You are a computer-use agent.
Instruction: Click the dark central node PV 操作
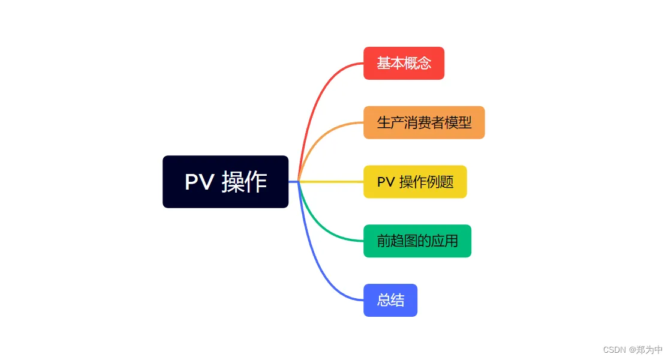[225, 182]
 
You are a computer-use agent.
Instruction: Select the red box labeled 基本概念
[404, 64]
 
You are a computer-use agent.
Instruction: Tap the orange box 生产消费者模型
[424, 122]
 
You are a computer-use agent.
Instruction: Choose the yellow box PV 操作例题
[415, 182]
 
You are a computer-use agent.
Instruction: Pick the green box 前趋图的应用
[417, 241]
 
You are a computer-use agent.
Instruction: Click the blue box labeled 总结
[390, 300]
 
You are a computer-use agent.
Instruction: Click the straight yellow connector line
[331, 182]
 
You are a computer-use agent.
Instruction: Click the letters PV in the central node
[200, 182]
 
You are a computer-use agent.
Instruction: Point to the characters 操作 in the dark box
[244, 182]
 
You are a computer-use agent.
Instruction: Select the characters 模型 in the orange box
[458, 122]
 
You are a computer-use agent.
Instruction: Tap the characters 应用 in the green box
[444, 241]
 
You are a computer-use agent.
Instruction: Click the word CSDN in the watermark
[615, 350]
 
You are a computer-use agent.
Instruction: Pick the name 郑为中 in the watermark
[649, 350]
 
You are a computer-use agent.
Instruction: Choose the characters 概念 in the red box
[418, 64]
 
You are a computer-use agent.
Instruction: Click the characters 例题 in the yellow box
[440, 182]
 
